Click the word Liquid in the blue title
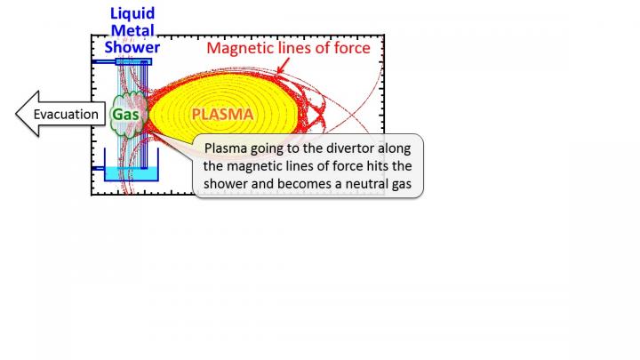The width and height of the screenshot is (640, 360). coord(132,12)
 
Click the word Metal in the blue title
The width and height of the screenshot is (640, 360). coord(132,29)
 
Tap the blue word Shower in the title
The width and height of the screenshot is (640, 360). coord(132,46)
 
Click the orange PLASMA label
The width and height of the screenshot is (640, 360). coord(222,114)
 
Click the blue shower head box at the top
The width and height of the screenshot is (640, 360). coord(132,60)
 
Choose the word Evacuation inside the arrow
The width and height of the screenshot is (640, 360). coord(66,114)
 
